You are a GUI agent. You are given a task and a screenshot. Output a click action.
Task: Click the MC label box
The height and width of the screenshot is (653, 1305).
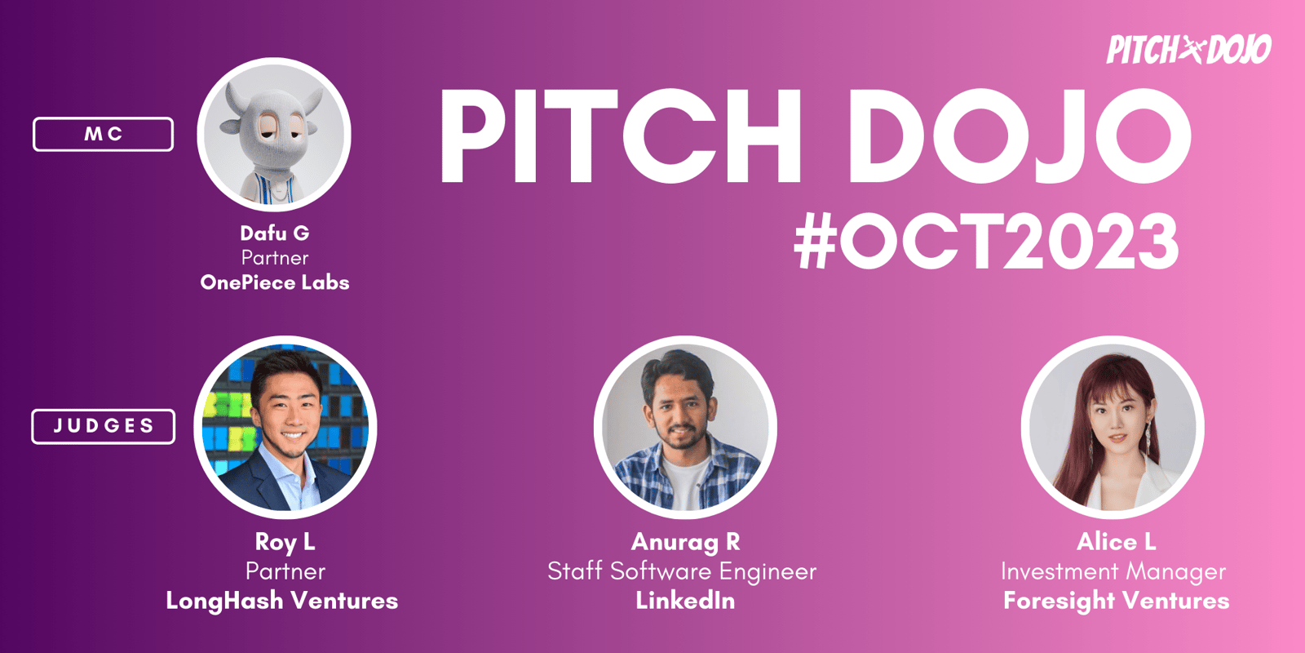coord(103,134)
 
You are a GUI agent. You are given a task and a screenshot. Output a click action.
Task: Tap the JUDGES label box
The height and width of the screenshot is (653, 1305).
coord(103,426)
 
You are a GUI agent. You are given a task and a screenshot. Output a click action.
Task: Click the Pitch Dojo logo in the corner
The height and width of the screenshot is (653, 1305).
coord(1188,50)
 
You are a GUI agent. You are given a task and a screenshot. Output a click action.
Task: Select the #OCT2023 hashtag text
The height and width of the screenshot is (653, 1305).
coord(986,240)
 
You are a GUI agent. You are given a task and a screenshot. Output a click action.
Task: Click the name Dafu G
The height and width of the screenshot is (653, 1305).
coord(274,233)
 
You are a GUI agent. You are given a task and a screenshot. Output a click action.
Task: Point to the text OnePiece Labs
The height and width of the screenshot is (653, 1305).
coord(274,282)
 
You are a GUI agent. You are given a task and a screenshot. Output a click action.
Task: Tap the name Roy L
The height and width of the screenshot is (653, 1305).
coord(285,542)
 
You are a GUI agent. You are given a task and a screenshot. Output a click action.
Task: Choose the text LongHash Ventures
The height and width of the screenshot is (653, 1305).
coord(282,601)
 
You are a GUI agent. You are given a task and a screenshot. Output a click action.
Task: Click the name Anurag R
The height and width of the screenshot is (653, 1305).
coord(685,542)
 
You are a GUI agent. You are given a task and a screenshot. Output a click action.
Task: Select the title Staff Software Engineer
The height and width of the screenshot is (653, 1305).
coord(682,571)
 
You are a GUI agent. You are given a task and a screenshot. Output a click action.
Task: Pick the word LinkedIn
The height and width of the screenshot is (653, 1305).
coord(685,601)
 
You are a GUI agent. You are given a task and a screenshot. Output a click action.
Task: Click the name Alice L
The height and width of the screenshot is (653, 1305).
coord(1116,542)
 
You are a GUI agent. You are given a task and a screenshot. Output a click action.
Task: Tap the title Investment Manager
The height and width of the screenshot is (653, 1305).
coord(1113,571)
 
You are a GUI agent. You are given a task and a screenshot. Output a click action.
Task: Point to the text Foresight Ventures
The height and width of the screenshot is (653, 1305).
coord(1116,601)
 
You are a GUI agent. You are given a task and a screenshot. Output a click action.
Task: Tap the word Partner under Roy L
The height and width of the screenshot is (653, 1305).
coord(285,571)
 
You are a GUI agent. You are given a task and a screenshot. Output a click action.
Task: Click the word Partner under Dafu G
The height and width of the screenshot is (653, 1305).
coord(274,258)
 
